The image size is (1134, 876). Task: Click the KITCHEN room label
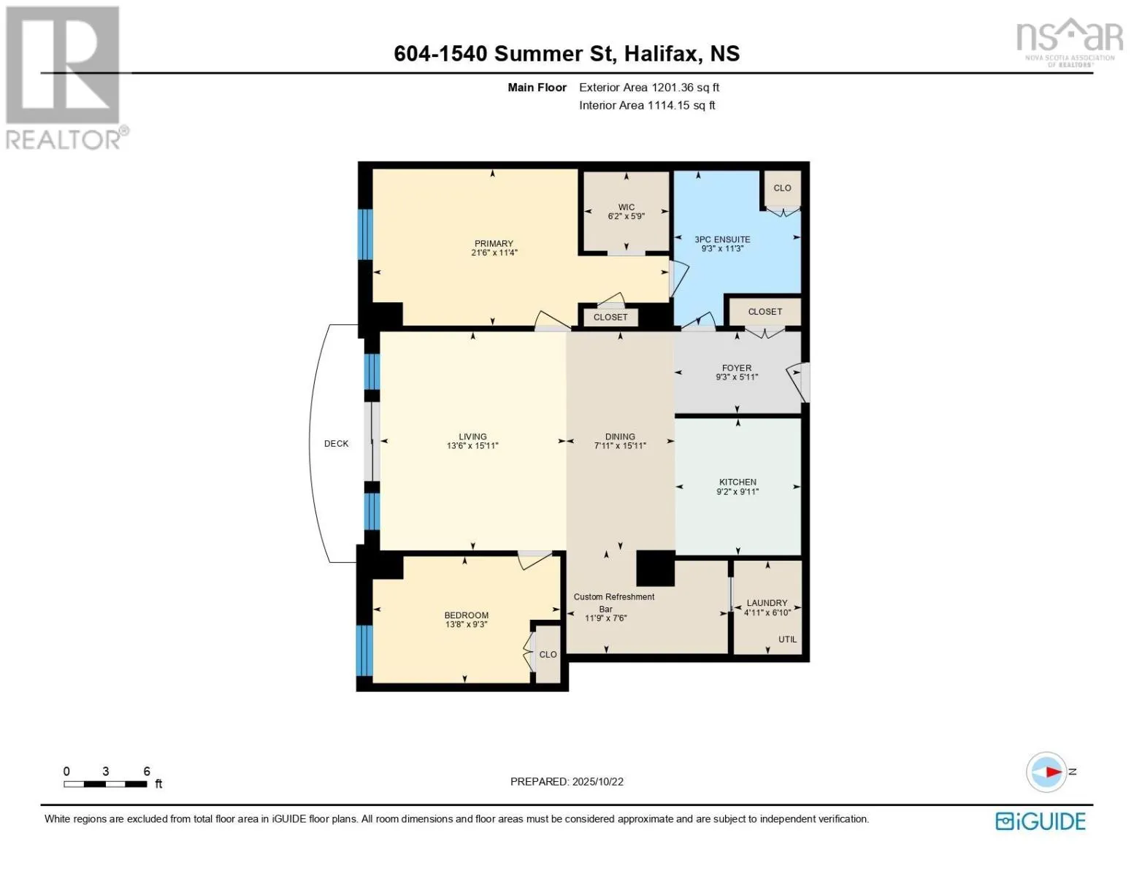click(738, 482)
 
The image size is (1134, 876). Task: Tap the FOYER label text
click(736, 368)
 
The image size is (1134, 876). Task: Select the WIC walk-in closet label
click(627, 207)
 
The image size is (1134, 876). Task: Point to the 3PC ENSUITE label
click(722, 239)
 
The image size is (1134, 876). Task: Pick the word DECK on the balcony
click(336, 444)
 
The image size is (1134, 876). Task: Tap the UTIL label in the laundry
click(787, 639)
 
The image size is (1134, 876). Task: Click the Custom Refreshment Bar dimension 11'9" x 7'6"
click(605, 618)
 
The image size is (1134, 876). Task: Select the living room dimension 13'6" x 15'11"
click(472, 446)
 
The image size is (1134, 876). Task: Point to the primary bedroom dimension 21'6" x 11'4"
click(494, 253)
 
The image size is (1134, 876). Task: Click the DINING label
click(620, 437)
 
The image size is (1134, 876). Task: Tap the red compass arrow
click(1054, 772)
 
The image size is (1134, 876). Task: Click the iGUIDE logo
click(1040, 821)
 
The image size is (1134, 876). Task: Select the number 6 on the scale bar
click(147, 771)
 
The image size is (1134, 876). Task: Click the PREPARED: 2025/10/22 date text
click(567, 782)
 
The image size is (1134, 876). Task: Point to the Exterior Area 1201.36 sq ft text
click(649, 88)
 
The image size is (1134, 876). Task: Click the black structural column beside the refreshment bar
click(655, 568)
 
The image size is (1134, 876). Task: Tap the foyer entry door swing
click(797, 383)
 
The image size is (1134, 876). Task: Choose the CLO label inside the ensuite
click(782, 188)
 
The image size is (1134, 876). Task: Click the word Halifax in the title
click(660, 54)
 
